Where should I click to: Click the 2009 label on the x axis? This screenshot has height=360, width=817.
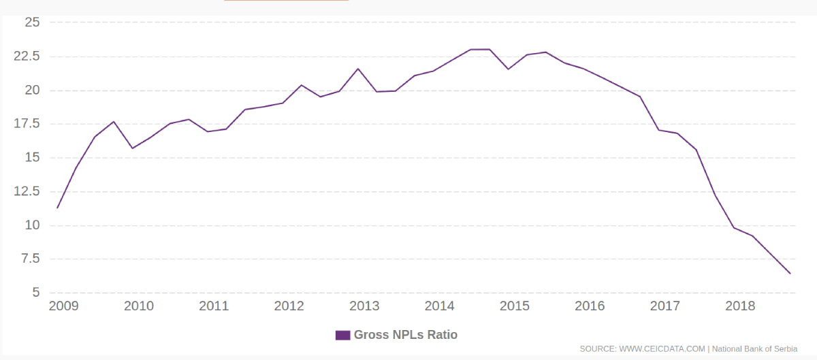[x=64, y=306]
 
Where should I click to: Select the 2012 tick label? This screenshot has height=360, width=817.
[x=289, y=306]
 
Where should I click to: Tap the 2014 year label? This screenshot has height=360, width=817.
[x=439, y=306]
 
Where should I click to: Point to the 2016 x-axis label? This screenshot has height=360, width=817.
[x=590, y=306]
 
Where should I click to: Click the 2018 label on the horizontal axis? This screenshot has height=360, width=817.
[x=740, y=306]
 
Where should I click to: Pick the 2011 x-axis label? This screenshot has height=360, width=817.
[x=214, y=306]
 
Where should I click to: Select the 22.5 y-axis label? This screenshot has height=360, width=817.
[x=27, y=56]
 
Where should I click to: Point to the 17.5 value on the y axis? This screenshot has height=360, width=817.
[x=27, y=124]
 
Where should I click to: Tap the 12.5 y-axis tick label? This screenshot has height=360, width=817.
[x=27, y=191]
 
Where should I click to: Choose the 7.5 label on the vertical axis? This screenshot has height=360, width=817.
[x=31, y=259]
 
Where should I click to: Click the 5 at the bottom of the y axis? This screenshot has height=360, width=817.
[x=36, y=293]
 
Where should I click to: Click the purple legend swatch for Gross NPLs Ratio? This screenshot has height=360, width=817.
[x=342, y=335]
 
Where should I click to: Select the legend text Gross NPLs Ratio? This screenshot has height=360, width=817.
[x=406, y=335]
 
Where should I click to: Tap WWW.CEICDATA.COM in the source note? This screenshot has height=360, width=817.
[x=662, y=348]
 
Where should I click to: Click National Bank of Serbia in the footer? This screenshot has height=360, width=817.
[x=754, y=348]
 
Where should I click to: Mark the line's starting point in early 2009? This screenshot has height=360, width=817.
[x=57, y=208]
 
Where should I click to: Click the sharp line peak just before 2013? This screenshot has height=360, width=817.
[x=358, y=69]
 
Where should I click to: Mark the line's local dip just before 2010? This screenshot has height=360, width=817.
[x=133, y=148]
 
